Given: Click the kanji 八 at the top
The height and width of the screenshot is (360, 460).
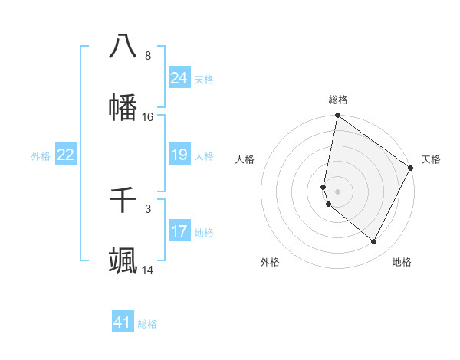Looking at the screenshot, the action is (123, 46).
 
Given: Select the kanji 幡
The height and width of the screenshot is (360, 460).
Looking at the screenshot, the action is (123, 107).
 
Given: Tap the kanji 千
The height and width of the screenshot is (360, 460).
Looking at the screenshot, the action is (123, 200).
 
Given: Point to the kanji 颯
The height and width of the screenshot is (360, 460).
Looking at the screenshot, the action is (123, 260).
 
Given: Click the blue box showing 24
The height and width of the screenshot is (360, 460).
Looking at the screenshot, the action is (179, 78).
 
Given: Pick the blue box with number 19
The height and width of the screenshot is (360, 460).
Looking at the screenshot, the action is (179, 155).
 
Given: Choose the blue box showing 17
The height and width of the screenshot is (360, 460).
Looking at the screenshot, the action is (179, 231).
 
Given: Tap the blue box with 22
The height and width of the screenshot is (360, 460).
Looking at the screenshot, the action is (66, 155).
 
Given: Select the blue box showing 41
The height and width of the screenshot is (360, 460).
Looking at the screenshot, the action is (123, 322).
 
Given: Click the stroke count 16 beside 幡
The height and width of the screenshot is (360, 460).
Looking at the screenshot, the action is (148, 117).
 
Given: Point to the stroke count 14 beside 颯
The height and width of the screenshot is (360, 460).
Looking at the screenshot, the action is (148, 270).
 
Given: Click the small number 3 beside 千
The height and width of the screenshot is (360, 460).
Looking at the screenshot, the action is (148, 208).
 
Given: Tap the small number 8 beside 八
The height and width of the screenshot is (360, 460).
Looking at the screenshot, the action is (148, 56).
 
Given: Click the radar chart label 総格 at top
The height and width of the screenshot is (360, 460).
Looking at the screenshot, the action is (338, 100).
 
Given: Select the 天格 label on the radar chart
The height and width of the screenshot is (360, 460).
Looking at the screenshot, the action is (431, 159).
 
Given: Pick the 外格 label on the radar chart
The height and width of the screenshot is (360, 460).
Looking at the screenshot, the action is (270, 263).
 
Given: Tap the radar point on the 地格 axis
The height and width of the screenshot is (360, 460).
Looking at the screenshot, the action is (374, 242).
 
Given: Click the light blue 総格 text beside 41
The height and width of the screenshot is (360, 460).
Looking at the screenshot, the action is (147, 324).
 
